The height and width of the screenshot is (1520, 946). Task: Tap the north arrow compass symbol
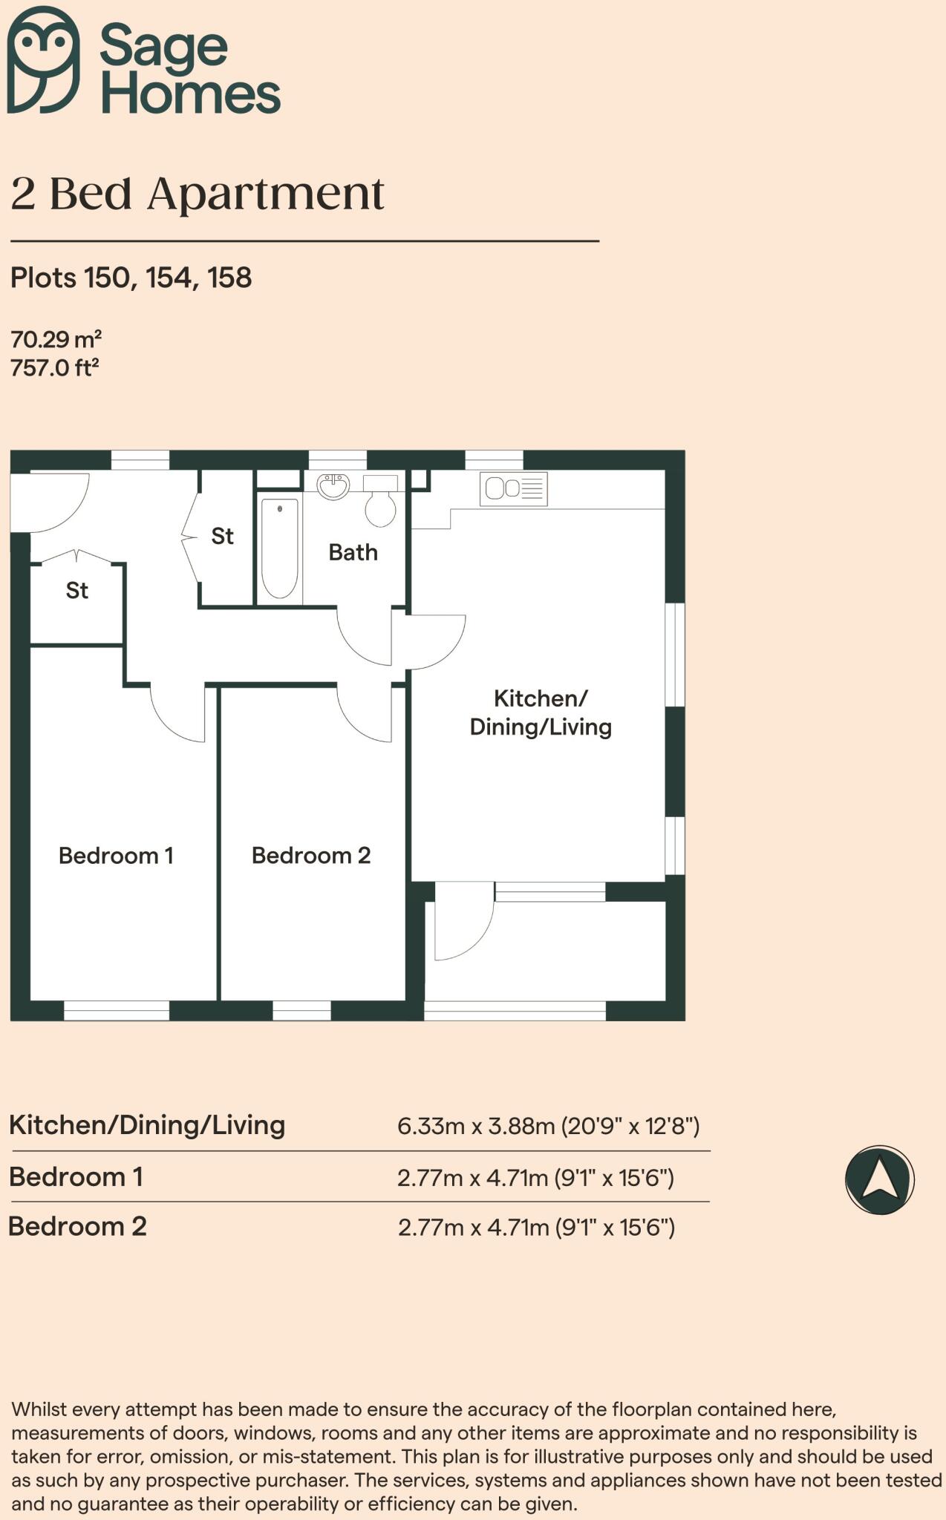click(879, 1179)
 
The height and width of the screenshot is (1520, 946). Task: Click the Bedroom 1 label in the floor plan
click(116, 856)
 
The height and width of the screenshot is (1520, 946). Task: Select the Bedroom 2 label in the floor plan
click(311, 856)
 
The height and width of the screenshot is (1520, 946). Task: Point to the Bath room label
click(353, 552)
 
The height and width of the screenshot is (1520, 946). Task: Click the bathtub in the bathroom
click(280, 548)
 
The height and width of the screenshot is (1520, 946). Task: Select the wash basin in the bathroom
click(333, 487)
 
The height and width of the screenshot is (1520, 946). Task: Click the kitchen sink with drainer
click(513, 489)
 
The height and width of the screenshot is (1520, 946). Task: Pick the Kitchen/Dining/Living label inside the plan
click(541, 712)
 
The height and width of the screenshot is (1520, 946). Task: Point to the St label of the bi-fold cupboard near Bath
click(222, 536)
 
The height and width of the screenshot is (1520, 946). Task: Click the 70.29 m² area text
click(56, 340)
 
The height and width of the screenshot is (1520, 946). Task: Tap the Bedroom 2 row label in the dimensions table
click(77, 1226)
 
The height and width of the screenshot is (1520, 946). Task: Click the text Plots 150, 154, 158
click(131, 278)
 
